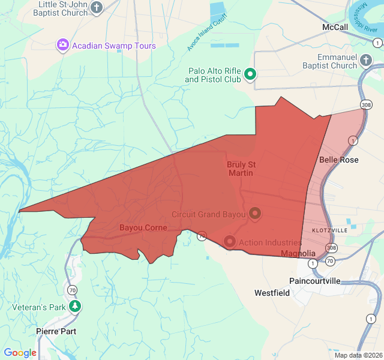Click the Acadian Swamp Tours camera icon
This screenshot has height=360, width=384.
click(x=63, y=45)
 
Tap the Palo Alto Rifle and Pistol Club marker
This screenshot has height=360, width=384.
click(x=251, y=75)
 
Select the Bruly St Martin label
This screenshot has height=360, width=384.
click(x=240, y=169)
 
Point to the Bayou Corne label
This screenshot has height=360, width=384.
click(x=143, y=228)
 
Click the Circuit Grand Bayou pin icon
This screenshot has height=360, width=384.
click(x=255, y=214)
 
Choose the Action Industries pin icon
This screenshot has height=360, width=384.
click(x=229, y=242)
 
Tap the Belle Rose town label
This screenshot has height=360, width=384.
click(x=339, y=160)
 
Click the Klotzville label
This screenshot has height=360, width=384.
click(x=329, y=230)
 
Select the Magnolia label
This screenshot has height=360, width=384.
click(x=298, y=254)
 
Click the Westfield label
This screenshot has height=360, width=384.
click(x=272, y=293)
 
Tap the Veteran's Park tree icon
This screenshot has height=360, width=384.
click(x=75, y=307)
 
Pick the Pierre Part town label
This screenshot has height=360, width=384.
click(x=56, y=331)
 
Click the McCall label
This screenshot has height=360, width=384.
click(x=335, y=28)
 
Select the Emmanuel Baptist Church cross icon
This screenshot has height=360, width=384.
click(x=365, y=60)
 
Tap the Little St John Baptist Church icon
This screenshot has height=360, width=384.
click(x=97, y=8)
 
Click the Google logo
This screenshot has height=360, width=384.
click(x=20, y=353)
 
